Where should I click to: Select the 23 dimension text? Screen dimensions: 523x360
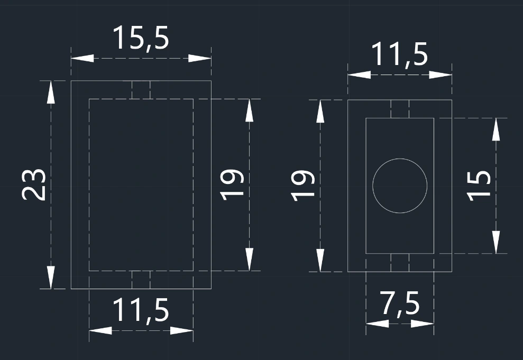pos(33,184)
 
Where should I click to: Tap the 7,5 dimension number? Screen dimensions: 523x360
pos(400,303)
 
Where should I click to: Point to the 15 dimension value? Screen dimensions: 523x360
pos(479,186)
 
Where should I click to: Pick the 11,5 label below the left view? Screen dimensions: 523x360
pos(141,310)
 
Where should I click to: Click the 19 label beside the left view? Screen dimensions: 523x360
pos(232,184)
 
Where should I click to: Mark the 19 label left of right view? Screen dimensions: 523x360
pos(303,186)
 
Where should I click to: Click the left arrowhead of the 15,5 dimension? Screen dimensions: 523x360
pos(82,58)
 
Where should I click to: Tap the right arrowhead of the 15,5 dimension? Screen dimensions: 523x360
pos(200,58)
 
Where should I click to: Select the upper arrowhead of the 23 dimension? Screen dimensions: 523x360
pos(51,92)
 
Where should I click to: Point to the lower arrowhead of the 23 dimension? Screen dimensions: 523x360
pos(51,278)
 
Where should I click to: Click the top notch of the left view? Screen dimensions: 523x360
pos(141,90)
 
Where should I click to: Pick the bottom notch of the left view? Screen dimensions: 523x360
pos(141,280)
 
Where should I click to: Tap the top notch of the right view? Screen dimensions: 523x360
pos(400,109)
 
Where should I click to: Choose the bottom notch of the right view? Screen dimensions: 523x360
pos(400,263)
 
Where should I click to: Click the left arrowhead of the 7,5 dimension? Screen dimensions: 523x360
pos(377,324)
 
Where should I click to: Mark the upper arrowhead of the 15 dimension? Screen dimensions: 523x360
pos(496,130)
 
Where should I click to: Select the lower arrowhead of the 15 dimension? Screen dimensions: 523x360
pos(496,242)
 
